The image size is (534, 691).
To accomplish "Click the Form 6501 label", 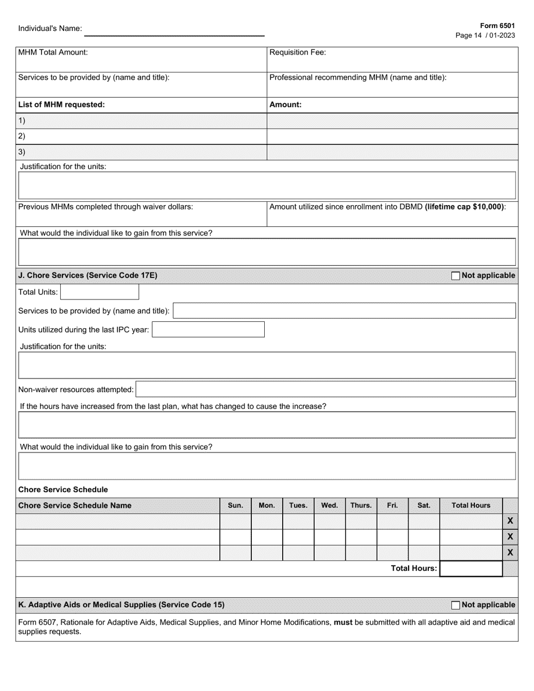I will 497,26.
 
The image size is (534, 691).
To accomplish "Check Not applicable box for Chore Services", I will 456,276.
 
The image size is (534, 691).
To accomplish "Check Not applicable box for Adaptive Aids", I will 456,605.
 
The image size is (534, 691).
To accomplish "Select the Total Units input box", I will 99,292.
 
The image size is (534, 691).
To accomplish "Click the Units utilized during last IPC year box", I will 208,330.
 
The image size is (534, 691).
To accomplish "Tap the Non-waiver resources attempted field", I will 325,389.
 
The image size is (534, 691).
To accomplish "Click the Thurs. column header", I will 361,506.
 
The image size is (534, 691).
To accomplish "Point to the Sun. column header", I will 235,506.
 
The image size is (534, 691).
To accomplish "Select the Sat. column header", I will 424,506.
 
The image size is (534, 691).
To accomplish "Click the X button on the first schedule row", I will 510,521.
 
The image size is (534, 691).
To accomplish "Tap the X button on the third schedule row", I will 510,553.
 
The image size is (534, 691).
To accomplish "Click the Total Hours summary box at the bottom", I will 470,569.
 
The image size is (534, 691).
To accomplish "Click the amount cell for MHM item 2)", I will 392,137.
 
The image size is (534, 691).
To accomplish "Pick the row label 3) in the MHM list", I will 22,152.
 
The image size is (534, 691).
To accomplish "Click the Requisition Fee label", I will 298,53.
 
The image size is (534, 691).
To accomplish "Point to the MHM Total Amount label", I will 53,53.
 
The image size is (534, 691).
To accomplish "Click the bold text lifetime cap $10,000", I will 464,207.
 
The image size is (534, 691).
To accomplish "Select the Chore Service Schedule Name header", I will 75,506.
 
